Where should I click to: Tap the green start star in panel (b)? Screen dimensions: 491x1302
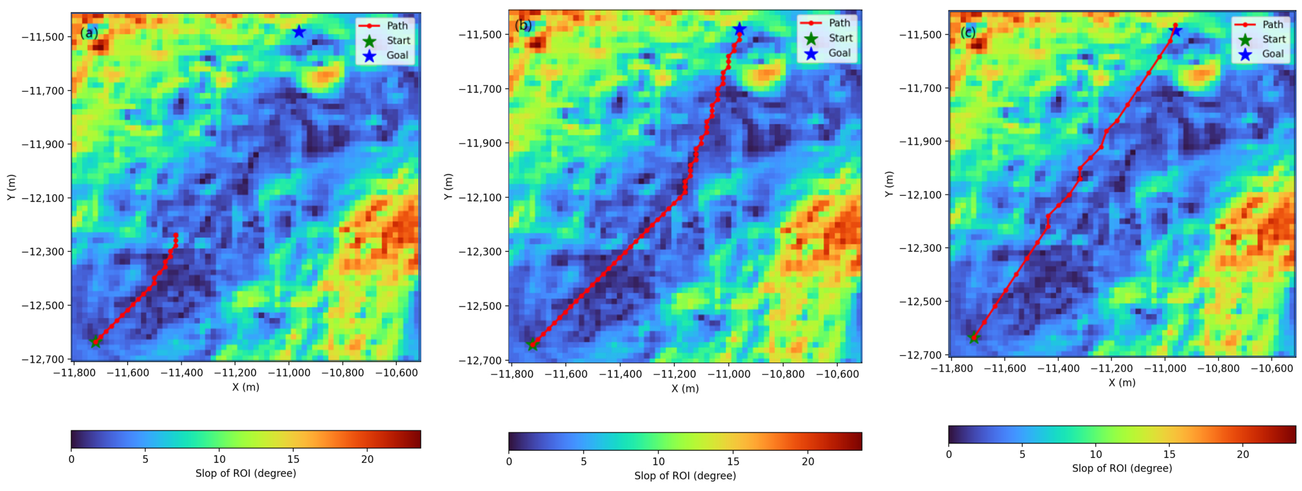[x=533, y=345]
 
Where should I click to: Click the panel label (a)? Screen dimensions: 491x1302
[x=89, y=33]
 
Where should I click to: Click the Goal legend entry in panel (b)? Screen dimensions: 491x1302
[x=839, y=53]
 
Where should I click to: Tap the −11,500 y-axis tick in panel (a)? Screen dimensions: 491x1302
[x=42, y=37]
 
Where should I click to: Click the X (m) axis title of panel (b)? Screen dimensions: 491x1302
[x=685, y=389]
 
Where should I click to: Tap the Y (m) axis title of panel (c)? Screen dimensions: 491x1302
[x=889, y=184]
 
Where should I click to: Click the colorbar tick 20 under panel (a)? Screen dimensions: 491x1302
[x=367, y=459]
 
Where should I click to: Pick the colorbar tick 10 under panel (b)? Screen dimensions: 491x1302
[x=658, y=461]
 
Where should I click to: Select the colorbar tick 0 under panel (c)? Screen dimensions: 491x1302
[x=949, y=454]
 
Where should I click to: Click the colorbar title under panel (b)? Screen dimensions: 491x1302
[x=685, y=476]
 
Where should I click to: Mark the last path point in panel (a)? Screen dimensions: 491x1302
[x=176, y=235]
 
